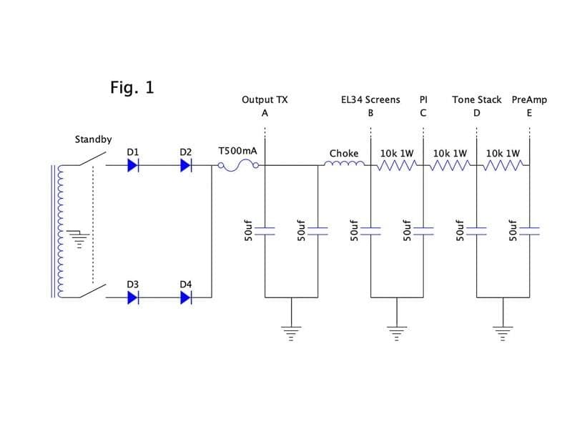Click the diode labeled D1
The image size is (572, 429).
(133, 166)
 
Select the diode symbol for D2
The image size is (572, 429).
(186, 166)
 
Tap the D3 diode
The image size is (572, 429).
(133, 297)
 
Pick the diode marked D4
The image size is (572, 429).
(186, 297)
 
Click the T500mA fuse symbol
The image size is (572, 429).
(239, 166)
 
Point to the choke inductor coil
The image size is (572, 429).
(344, 164)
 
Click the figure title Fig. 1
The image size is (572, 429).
(132, 87)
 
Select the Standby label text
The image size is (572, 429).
(94, 139)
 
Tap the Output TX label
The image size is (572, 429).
(265, 99)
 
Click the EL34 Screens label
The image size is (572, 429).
(370, 99)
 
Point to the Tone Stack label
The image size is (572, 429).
(477, 99)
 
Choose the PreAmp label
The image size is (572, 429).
(529, 99)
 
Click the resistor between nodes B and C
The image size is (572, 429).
(397, 166)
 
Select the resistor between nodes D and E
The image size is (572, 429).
(503, 166)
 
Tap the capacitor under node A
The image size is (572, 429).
(265, 231)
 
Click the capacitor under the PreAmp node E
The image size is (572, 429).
(529, 231)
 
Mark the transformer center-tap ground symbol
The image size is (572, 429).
(79, 239)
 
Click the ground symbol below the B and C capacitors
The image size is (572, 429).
(397, 333)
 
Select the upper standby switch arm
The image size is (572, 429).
(92, 159)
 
